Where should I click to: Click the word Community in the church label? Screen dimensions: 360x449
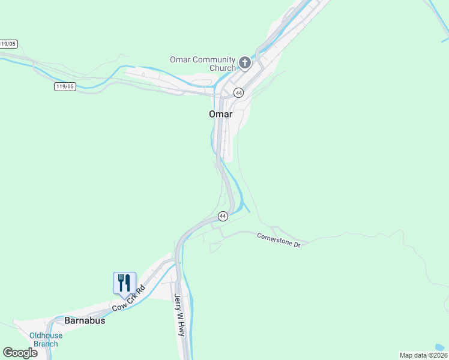coord(213,59)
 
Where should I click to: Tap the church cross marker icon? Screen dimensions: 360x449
coord(244,62)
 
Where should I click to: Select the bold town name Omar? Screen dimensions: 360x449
coord(220,114)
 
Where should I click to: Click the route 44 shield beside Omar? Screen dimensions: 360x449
coord(239,93)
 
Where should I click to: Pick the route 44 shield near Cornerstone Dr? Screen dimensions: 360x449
coord(223,216)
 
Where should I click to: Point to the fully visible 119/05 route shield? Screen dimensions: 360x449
coord(64,86)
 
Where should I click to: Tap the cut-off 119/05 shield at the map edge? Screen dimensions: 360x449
coord(8,44)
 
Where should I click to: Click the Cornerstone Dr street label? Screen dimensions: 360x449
coord(279,238)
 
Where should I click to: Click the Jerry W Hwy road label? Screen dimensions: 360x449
coord(178,314)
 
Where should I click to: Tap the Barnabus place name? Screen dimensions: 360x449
coord(85,320)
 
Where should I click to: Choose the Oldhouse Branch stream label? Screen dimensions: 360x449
coord(46,340)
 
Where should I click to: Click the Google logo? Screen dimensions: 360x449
coord(20,353)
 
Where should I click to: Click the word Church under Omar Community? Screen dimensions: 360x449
coord(223,68)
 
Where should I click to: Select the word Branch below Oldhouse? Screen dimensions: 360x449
coord(46,344)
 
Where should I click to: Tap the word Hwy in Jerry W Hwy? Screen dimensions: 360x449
coord(180,327)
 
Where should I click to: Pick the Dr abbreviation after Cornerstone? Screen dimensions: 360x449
coord(295,244)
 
